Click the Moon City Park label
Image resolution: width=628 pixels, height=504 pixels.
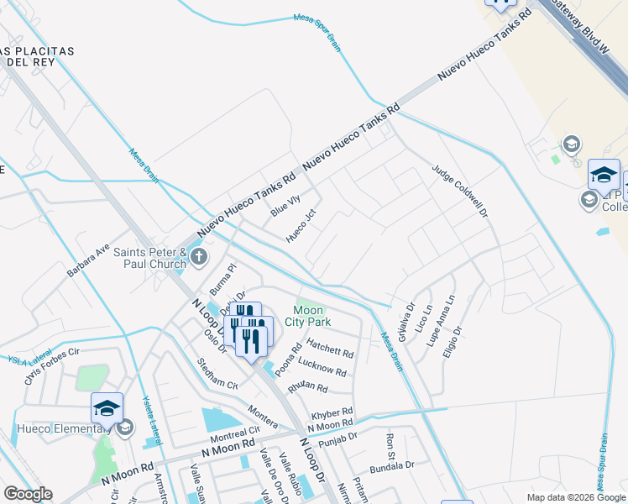311,316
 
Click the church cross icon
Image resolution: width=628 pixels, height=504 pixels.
199,256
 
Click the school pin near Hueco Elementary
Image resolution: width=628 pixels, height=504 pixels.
107,408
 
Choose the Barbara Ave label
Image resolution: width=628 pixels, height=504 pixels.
89,261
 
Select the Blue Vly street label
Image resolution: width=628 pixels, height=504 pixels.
285,206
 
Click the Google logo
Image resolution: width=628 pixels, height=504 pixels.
28,494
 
